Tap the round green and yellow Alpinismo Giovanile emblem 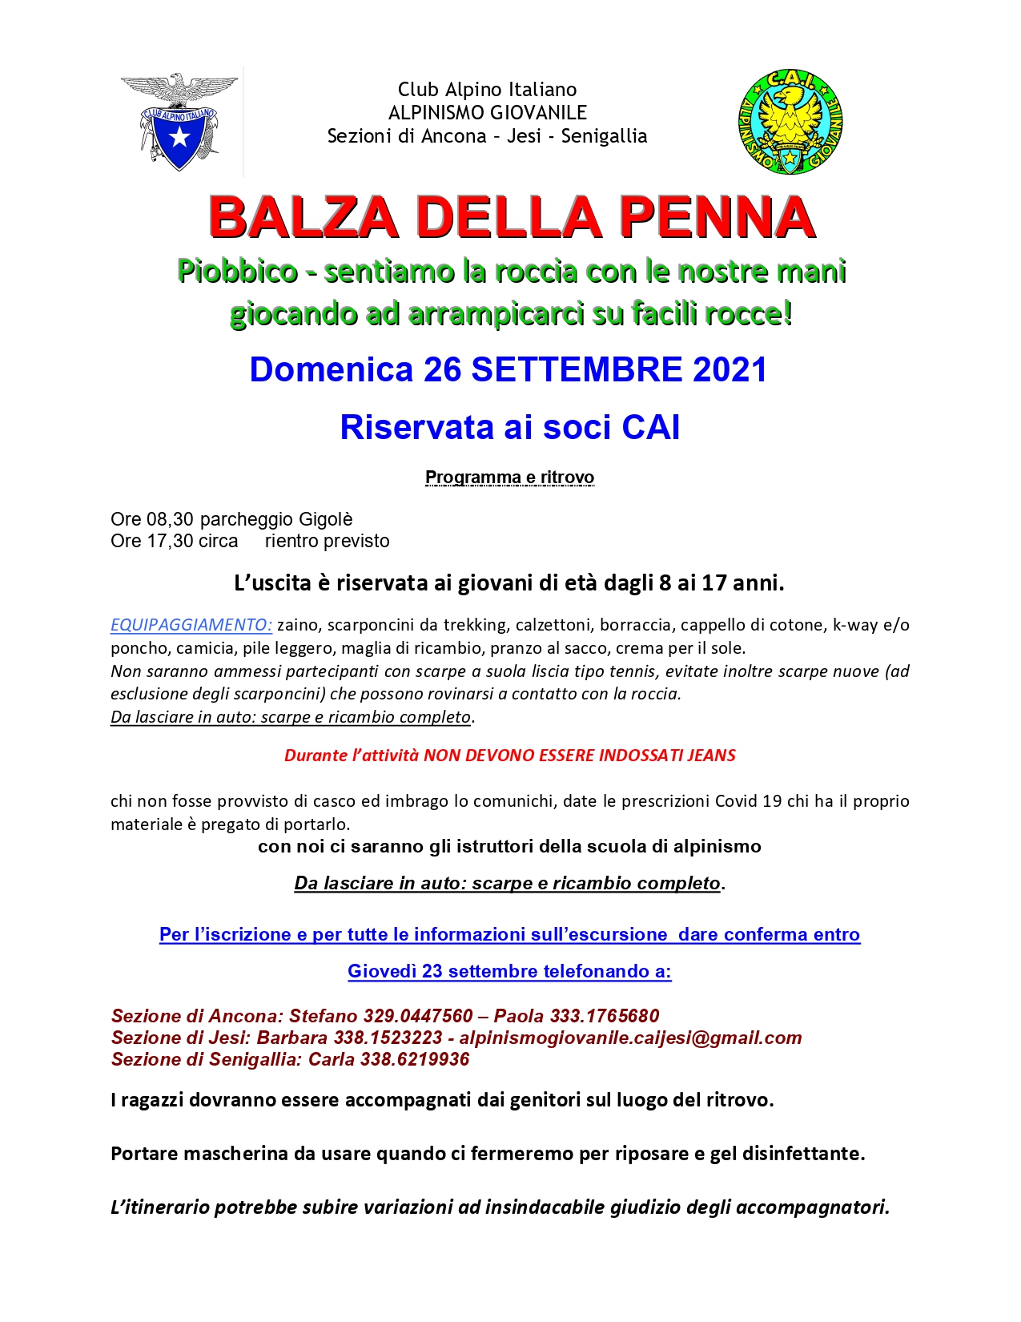(790, 123)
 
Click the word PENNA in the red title (717, 218)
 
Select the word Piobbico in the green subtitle (237, 271)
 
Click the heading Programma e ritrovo (509, 478)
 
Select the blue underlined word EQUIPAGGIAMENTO (191, 625)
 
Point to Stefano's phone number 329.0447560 (418, 1016)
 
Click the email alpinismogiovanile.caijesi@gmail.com (630, 1038)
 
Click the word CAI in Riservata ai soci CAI (650, 427)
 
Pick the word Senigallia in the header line (604, 136)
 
